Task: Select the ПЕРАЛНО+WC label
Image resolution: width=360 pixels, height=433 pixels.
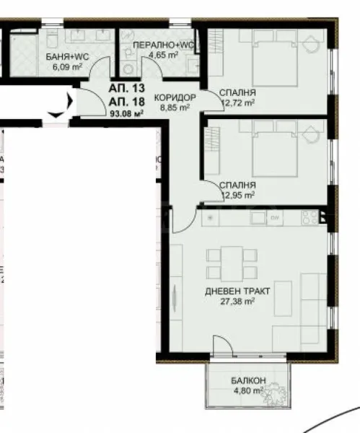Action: (163, 45)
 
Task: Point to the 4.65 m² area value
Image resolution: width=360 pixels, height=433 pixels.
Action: (162, 54)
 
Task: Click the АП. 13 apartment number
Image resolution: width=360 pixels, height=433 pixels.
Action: (125, 88)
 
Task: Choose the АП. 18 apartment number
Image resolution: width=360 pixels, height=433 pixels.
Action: (125, 100)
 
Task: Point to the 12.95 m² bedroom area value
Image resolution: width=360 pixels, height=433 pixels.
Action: (240, 195)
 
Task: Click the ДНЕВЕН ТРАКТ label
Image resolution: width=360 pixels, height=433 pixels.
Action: (237, 291)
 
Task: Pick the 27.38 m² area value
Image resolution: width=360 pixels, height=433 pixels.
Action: (238, 302)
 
